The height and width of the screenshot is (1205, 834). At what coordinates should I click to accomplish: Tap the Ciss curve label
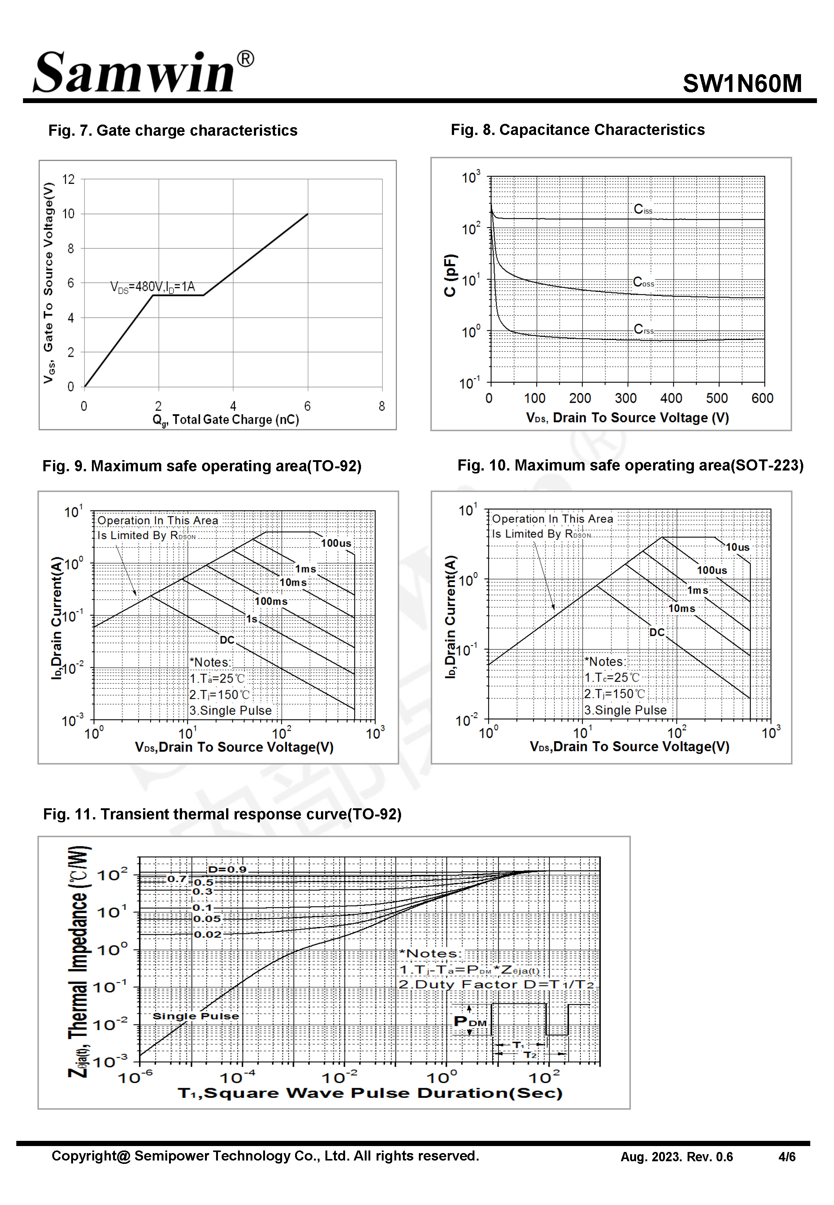pyautogui.click(x=643, y=209)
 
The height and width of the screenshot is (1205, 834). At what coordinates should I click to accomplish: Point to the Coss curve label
pyautogui.click(x=643, y=283)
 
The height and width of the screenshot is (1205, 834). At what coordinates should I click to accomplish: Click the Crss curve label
pyautogui.click(x=643, y=329)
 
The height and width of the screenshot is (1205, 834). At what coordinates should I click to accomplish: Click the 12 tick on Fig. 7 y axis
pyautogui.click(x=69, y=180)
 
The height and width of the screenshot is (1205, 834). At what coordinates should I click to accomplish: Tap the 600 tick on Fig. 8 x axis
pyautogui.click(x=762, y=399)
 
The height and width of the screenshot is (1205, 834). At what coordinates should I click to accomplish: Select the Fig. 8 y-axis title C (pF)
pyautogui.click(x=450, y=275)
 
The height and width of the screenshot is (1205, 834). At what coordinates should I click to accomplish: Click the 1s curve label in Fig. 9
pyautogui.click(x=252, y=619)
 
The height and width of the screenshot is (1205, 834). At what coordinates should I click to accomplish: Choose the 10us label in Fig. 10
pyautogui.click(x=737, y=547)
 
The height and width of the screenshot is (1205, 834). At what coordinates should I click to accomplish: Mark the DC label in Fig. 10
pyautogui.click(x=657, y=632)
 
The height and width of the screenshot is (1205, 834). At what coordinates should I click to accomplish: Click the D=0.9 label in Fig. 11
pyautogui.click(x=227, y=869)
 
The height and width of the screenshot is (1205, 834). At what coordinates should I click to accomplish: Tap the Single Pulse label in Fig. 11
pyautogui.click(x=195, y=1016)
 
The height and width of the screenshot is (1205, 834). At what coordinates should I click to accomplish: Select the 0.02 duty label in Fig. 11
pyautogui.click(x=208, y=934)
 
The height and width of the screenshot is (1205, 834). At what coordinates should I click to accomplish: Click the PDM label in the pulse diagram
pyautogui.click(x=470, y=1021)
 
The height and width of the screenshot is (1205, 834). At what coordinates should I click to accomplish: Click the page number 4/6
pyautogui.click(x=787, y=1157)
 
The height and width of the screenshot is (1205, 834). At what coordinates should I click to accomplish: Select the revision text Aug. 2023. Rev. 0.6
pyautogui.click(x=676, y=1157)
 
